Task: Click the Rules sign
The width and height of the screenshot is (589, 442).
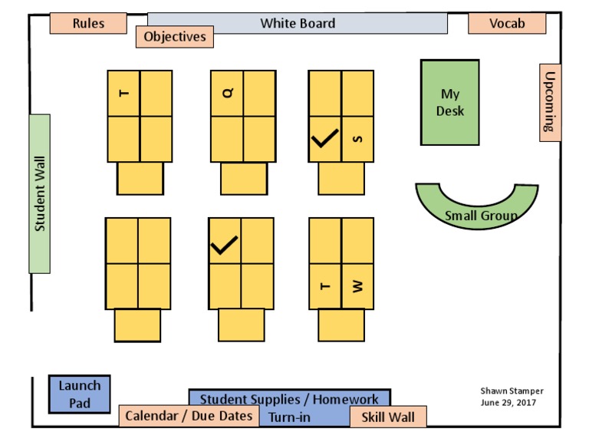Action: click(88, 24)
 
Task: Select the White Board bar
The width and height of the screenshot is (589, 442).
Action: click(298, 23)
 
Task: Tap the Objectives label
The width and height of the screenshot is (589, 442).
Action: click(175, 36)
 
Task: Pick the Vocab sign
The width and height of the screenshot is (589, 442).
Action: click(507, 24)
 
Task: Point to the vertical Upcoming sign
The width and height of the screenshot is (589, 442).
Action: click(550, 102)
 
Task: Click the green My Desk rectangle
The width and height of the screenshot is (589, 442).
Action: click(449, 103)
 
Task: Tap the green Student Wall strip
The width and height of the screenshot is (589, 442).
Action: click(40, 193)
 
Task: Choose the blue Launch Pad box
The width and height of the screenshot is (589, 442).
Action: click(80, 394)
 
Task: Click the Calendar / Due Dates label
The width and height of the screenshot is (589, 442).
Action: click(189, 416)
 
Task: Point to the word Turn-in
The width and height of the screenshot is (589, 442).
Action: click(289, 417)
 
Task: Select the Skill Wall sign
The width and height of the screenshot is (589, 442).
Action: click(387, 417)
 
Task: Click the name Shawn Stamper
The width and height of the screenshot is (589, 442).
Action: click(512, 391)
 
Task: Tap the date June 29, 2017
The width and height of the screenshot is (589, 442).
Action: click(508, 402)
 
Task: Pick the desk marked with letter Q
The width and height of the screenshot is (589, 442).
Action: click(227, 93)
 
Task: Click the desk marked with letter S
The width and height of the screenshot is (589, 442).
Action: click(357, 139)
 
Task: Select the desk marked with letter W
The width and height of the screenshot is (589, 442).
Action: click(357, 286)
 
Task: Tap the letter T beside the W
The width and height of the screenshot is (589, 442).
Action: click(324, 286)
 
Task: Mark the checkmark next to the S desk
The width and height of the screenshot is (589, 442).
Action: click(324, 139)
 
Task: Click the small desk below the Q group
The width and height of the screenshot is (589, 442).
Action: click(244, 179)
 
